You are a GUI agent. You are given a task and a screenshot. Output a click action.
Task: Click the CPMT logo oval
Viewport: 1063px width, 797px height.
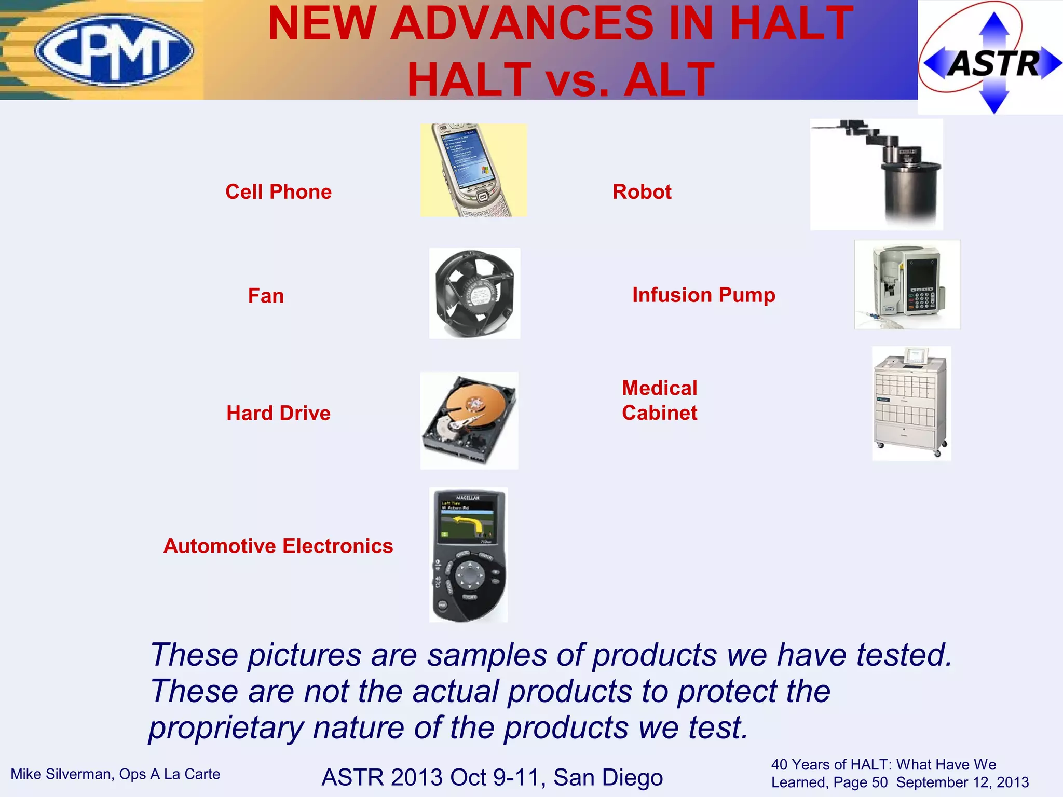click(115, 50)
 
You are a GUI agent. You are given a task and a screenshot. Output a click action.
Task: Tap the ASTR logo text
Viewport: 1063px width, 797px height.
click(993, 64)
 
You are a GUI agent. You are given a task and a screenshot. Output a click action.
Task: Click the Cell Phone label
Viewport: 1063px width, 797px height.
click(278, 192)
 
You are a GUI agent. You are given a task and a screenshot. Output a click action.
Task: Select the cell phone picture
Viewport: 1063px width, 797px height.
click(473, 170)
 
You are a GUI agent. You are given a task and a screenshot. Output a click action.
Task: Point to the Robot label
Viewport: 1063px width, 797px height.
click(642, 192)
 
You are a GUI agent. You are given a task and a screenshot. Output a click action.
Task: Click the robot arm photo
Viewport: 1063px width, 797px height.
click(876, 174)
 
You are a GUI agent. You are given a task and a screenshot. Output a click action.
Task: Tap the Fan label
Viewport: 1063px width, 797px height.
click(266, 296)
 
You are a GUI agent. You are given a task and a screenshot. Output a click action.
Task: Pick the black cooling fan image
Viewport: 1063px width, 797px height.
click(474, 293)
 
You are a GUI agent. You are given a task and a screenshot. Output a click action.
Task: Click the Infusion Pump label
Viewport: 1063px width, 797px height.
click(703, 295)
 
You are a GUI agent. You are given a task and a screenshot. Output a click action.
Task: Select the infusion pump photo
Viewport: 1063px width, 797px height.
click(907, 284)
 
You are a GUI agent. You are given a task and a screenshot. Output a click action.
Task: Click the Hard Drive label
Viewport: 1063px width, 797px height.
click(278, 413)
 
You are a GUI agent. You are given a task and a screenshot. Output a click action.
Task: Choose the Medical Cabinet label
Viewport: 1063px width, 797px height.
click(659, 401)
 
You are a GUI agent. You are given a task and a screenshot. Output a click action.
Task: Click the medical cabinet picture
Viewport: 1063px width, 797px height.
click(911, 404)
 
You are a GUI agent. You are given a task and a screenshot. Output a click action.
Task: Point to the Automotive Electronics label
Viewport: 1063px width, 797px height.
click(278, 546)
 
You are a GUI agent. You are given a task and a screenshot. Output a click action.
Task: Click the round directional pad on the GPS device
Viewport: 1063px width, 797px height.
click(470, 575)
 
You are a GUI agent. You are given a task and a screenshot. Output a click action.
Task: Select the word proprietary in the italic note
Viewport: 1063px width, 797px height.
click(225, 727)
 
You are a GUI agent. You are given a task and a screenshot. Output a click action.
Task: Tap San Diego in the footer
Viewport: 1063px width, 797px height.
click(608, 777)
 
